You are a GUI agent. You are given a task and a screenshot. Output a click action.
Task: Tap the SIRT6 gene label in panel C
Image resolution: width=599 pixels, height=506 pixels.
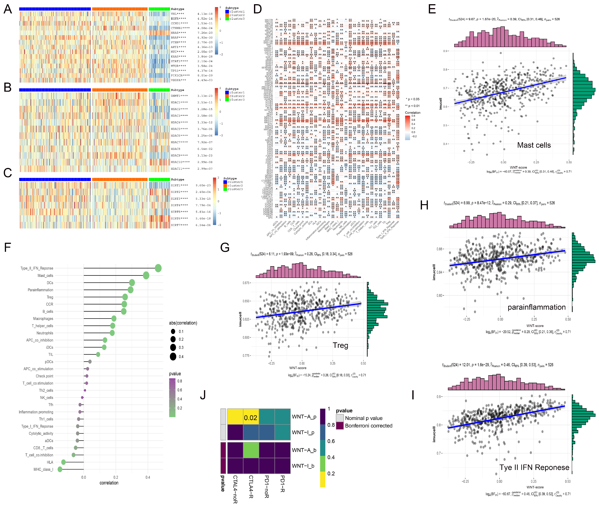[x=179, y=218]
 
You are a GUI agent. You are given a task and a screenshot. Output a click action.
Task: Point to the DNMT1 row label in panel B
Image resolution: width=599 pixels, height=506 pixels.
[x=179, y=96]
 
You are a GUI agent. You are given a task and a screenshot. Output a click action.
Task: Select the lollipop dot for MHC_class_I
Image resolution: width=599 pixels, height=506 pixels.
[x=60, y=469]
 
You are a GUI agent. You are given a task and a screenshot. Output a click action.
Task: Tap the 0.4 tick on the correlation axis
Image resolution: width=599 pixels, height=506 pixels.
[x=148, y=477]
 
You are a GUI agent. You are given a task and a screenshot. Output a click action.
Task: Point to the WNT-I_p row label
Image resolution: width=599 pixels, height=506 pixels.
[x=303, y=432]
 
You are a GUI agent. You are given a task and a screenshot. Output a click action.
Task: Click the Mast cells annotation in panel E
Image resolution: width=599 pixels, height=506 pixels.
[x=534, y=145]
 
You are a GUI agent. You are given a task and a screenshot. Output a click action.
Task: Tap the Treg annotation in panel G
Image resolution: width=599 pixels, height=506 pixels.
[x=340, y=345]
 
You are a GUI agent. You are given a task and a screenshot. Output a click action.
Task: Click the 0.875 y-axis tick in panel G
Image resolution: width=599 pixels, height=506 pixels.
[x=246, y=283]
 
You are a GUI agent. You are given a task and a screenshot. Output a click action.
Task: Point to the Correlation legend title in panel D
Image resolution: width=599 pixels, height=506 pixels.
[x=412, y=113]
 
